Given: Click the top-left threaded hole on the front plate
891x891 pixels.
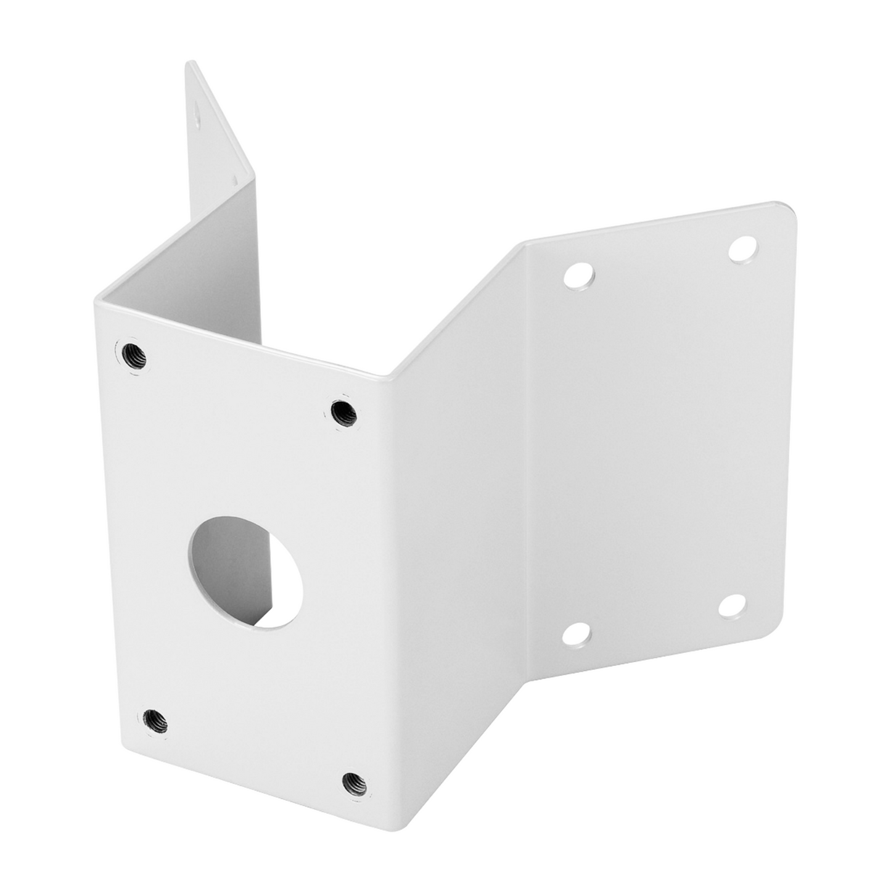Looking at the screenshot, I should coord(133,356).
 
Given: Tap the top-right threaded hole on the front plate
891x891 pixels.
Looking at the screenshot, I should coord(343,412).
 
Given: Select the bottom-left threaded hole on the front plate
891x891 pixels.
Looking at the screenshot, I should coord(155,721).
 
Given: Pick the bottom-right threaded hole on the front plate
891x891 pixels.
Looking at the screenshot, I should coord(355,784).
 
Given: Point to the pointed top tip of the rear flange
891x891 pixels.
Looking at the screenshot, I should coord(190,63).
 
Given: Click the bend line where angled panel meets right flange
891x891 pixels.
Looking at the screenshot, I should coord(526,462).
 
